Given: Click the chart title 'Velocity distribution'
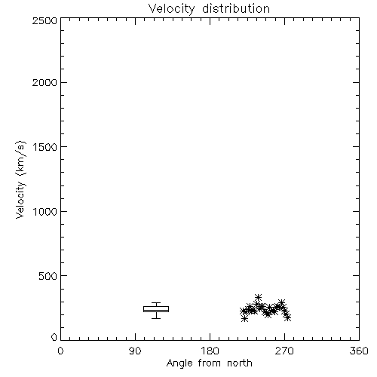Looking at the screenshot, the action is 209,9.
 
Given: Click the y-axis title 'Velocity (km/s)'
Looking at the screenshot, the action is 20,179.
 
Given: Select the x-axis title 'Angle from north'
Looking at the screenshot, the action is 210,363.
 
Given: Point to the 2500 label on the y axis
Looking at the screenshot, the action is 44,20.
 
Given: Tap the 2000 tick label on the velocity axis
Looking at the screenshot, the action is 44,82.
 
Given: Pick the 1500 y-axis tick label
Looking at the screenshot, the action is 45,147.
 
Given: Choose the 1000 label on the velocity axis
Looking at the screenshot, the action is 45,211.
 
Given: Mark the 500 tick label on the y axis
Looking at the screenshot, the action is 48,276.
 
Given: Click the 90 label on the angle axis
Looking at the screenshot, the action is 135,351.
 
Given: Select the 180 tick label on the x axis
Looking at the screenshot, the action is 210,351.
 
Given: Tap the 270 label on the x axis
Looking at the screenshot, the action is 284,351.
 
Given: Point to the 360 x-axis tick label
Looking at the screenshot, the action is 359,351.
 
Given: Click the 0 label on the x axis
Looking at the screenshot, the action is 60,351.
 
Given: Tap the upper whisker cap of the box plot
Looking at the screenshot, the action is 156,302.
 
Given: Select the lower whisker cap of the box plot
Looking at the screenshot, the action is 156,318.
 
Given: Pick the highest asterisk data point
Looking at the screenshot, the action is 258,298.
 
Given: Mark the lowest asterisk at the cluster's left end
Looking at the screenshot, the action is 244,319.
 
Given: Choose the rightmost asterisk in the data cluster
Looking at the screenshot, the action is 288,317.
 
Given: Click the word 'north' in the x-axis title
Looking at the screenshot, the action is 240,363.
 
